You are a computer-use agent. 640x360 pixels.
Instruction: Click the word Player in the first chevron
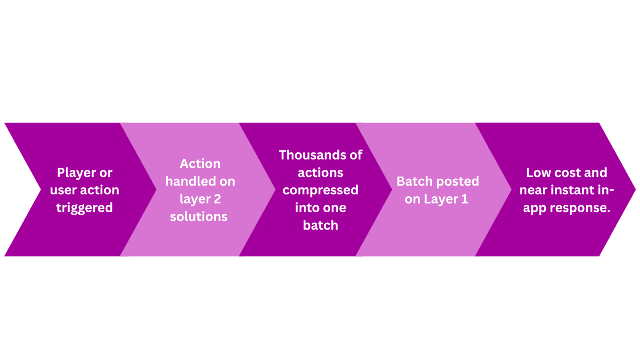(76, 173)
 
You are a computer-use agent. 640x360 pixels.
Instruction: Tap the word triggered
(84, 208)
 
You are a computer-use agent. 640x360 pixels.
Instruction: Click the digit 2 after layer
(217, 199)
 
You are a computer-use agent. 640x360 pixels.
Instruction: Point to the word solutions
(199, 217)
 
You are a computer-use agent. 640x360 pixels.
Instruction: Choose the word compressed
(320, 190)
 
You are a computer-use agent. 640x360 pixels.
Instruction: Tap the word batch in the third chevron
(320, 226)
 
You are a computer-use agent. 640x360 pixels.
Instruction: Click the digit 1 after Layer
(464, 199)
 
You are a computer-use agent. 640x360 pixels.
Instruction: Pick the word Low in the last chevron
(538, 173)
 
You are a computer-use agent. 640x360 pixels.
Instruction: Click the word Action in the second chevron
(200, 164)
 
